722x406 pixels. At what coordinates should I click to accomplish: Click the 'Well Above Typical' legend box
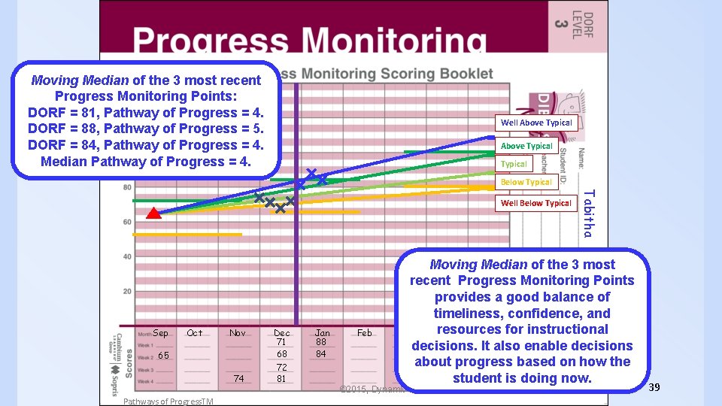coord(536,123)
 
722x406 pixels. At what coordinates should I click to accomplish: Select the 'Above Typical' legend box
coord(526,146)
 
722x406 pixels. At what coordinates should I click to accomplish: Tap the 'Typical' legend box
coord(514,164)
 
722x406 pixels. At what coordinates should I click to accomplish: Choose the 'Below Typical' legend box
coord(526,182)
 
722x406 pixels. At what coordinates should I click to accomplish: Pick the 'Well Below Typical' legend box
coord(536,203)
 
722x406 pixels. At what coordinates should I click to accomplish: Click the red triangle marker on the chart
coord(153,214)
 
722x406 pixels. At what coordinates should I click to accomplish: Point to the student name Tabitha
coord(589,213)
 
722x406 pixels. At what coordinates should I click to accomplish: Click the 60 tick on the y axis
coord(127,222)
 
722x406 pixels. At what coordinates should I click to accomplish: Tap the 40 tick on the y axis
coord(127,257)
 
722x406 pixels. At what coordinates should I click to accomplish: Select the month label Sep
coord(160,333)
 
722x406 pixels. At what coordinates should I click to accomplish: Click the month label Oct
coord(195,333)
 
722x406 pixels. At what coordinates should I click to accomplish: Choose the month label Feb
coord(365,333)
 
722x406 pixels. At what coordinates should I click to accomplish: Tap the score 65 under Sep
coord(163,356)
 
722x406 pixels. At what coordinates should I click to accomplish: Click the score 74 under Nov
coord(238,379)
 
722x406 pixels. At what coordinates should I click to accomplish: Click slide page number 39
coord(654,386)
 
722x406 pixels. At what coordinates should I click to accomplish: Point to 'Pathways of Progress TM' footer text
coord(168,401)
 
